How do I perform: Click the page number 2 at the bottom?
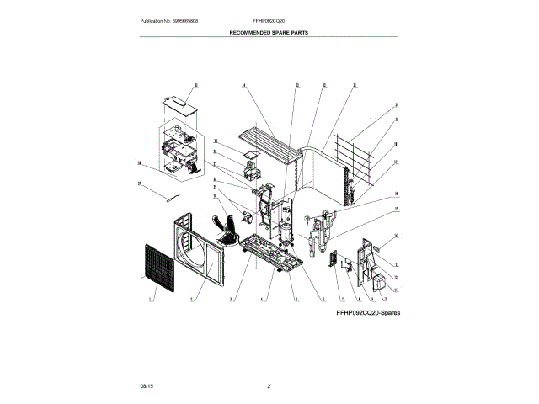[269, 385]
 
